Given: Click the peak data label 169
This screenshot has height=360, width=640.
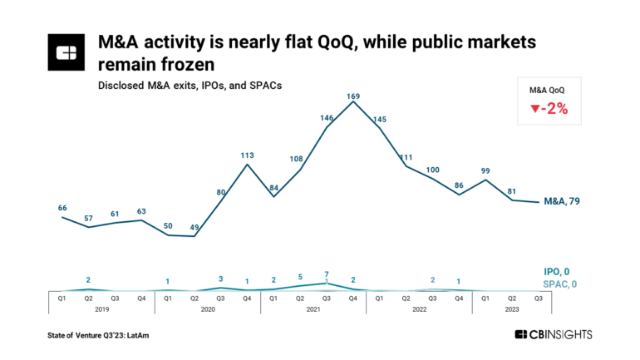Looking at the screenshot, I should click(x=354, y=96).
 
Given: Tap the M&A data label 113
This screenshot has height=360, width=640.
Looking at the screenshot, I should click(x=247, y=155).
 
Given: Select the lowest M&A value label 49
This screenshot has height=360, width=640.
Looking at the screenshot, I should click(x=194, y=227).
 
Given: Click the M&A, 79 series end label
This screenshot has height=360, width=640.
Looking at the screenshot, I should click(x=562, y=201).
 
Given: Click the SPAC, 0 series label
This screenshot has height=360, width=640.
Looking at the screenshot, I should click(x=556, y=284).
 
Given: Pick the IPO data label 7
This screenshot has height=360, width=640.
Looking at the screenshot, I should click(x=327, y=274).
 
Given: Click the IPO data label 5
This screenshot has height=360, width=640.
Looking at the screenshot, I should click(x=301, y=278).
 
